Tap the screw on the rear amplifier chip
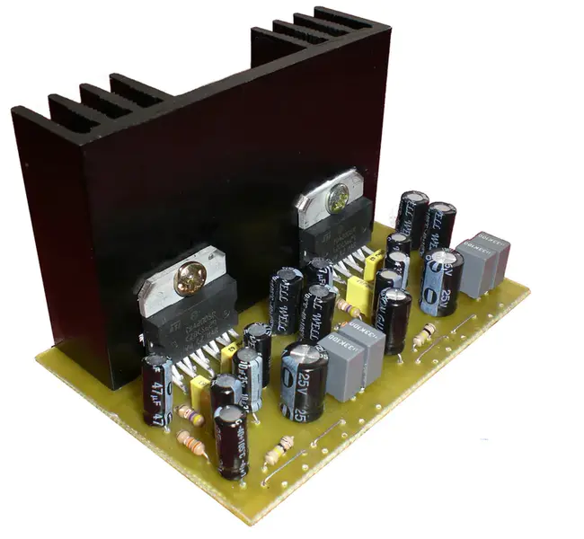(x=340, y=199)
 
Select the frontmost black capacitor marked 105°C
(x=230, y=440)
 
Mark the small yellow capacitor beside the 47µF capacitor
(x=199, y=389)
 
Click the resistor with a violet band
(x=190, y=415)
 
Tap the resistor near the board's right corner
(x=423, y=337)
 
